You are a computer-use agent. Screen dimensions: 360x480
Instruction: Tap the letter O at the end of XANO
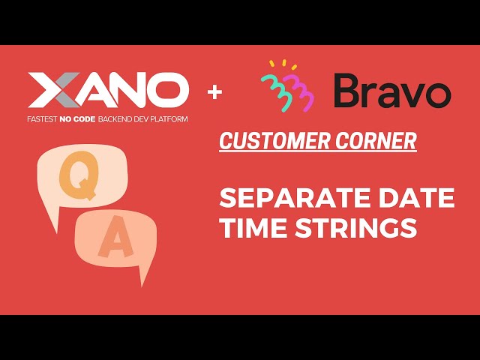coord(169,91)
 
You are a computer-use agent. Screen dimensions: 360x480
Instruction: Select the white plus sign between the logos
coord(216,92)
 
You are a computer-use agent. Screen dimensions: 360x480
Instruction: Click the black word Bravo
coord(392,91)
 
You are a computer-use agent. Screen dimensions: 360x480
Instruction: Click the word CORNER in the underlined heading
coord(374,140)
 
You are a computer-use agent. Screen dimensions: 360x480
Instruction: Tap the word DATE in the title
coord(423,199)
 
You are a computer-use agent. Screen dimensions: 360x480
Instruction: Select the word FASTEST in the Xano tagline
coord(46,119)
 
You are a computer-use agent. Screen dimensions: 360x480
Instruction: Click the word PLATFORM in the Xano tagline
coord(168,119)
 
